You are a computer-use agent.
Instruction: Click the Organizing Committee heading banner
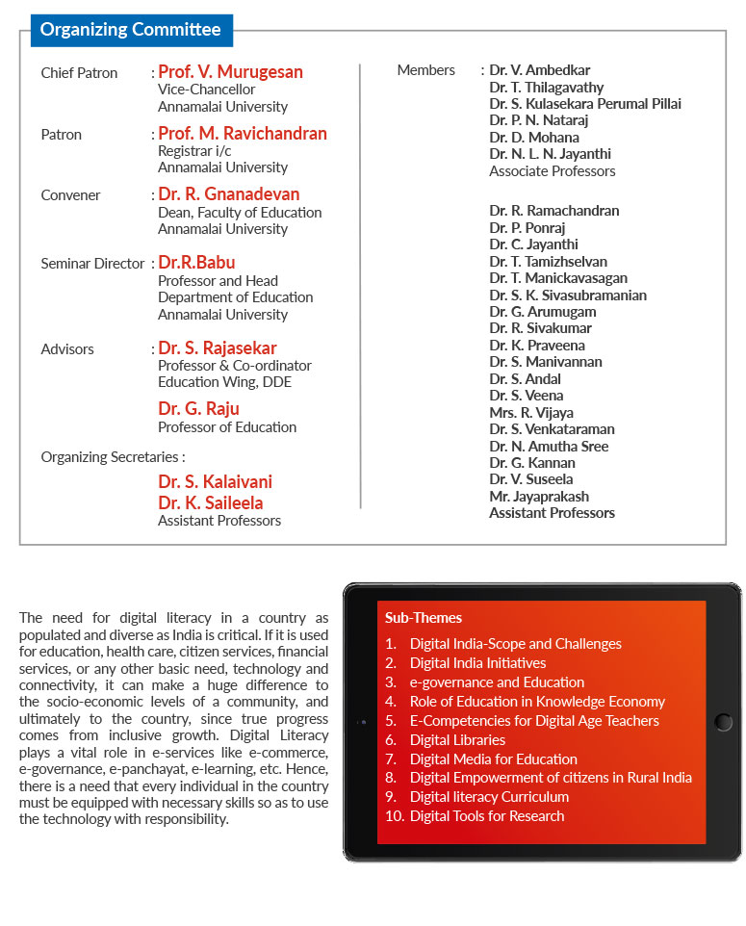(x=131, y=30)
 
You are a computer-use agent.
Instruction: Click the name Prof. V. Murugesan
(x=230, y=72)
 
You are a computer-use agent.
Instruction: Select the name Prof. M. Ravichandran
(x=243, y=134)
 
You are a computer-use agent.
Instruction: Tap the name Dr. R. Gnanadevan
(x=229, y=194)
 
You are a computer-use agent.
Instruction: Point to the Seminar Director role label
(x=92, y=263)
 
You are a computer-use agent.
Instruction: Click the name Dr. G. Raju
(x=199, y=409)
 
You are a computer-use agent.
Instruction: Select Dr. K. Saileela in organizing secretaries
(x=211, y=502)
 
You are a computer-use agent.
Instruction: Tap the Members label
(x=425, y=70)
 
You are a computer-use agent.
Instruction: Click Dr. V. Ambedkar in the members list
(x=539, y=70)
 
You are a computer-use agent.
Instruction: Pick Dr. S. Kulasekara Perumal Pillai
(x=584, y=104)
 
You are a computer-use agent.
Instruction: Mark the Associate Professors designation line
(x=552, y=171)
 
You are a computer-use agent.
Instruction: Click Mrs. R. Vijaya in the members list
(x=531, y=412)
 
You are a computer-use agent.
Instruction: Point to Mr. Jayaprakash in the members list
(x=539, y=497)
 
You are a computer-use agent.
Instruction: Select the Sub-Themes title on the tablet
(x=424, y=618)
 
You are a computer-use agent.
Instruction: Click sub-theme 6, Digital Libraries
(x=457, y=740)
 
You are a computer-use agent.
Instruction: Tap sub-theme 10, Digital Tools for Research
(x=487, y=816)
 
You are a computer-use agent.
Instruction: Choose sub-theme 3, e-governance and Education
(x=497, y=682)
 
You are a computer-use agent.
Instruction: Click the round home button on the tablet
(x=724, y=722)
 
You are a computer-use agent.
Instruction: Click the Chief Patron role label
(x=79, y=73)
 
